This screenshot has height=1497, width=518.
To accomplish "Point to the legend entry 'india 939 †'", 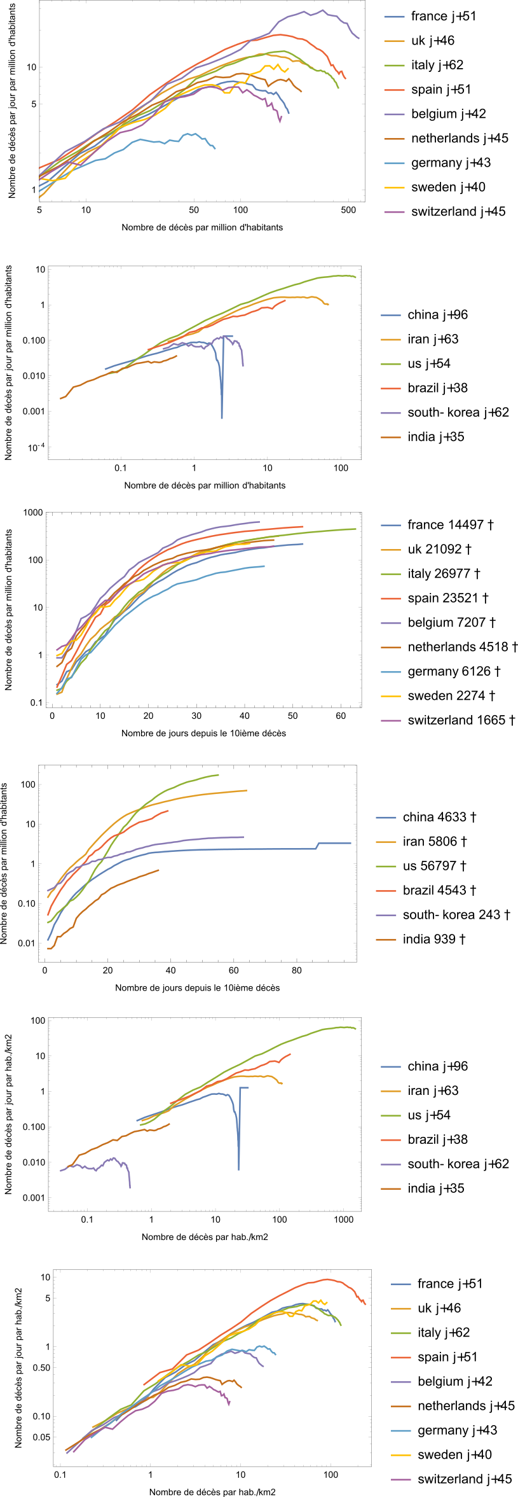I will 434,939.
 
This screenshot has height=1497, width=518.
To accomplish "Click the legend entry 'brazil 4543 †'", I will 439,890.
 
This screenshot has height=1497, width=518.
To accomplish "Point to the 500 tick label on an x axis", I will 348,210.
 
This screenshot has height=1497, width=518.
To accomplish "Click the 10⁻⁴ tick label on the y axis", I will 36,448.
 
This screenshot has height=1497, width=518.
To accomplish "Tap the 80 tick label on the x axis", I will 297,971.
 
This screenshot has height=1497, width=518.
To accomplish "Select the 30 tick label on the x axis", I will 196,716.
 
